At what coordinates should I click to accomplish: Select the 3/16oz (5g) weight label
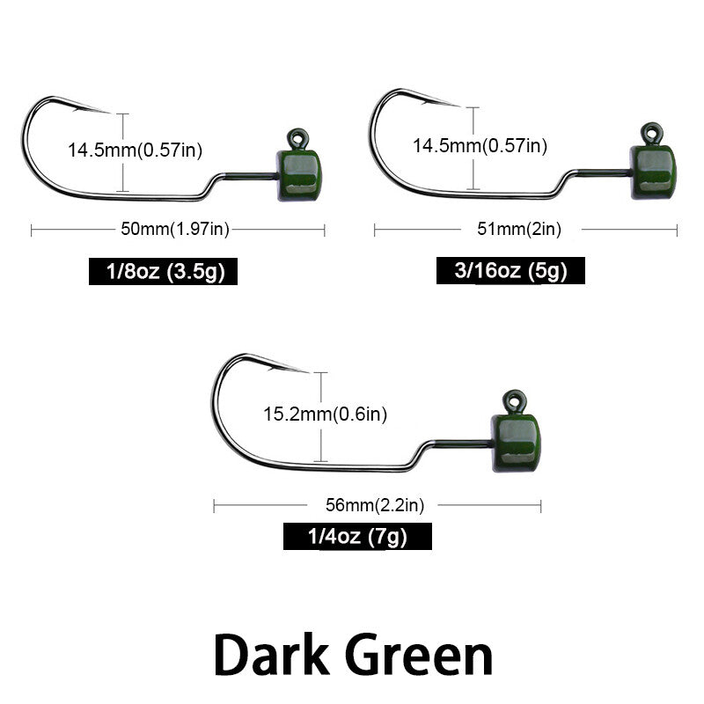click(510, 270)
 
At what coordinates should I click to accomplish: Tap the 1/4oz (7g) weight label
click(357, 536)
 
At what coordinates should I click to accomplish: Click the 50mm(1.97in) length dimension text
click(175, 229)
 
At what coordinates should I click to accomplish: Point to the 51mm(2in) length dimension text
click(519, 229)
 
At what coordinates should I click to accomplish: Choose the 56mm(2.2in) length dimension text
click(375, 505)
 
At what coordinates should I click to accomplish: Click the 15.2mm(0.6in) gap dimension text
click(325, 414)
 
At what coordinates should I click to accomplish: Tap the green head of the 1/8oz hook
click(299, 175)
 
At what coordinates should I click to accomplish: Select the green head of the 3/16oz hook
click(653, 172)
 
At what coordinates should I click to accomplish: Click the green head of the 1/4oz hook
click(516, 443)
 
